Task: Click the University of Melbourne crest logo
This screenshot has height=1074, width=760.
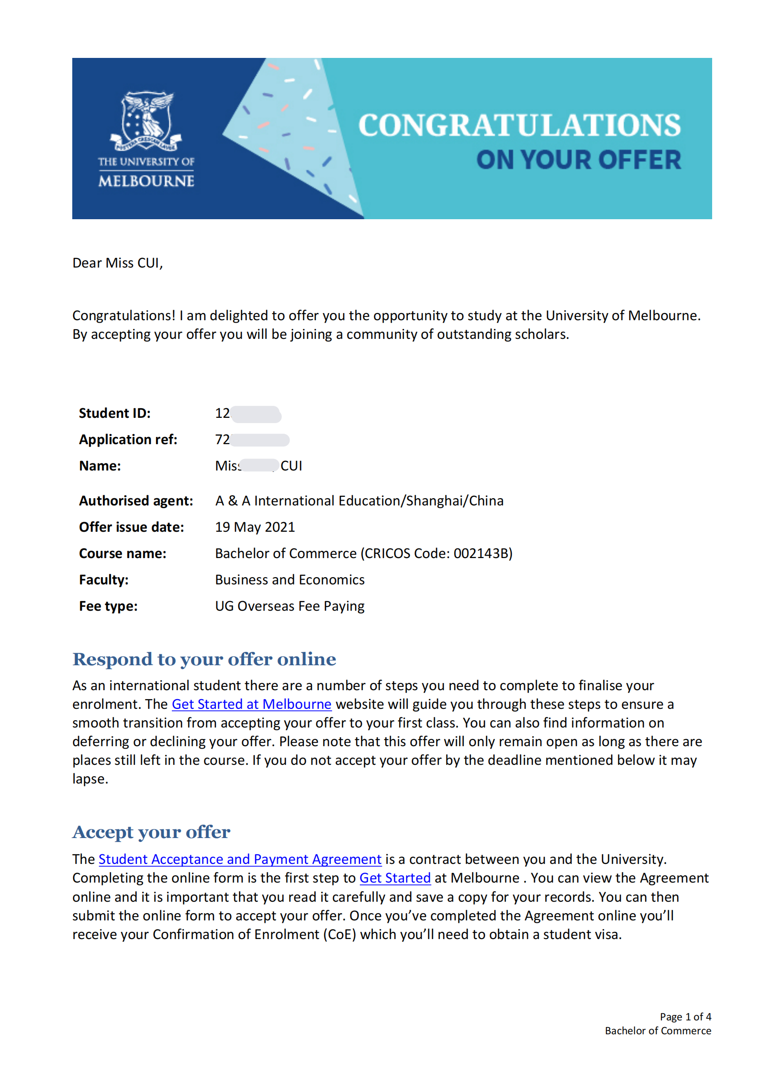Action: tap(146, 121)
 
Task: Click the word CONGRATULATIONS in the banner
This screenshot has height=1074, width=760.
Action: tap(519, 125)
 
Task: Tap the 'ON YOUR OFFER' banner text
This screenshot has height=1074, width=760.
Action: tap(578, 160)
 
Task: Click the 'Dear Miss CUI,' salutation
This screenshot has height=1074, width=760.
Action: tap(118, 263)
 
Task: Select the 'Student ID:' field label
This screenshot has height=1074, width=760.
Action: tap(114, 413)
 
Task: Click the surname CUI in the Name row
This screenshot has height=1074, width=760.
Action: tap(291, 466)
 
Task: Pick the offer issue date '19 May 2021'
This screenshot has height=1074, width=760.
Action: tap(255, 527)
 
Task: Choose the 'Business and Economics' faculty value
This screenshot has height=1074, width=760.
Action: tap(290, 580)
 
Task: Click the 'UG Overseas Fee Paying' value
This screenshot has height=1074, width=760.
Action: tap(290, 606)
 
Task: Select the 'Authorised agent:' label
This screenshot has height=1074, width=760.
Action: tap(136, 501)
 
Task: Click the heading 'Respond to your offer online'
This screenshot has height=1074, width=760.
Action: tap(204, 659)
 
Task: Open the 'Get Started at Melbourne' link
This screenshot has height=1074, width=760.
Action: tap(251, 704)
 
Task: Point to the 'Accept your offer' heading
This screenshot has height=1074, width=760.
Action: tap(151, 832)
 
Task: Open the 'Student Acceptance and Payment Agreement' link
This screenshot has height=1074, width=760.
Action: tap(240, 859)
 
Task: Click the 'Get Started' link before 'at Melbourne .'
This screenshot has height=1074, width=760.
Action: tap(395, 878)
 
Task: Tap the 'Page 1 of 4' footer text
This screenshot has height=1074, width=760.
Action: tap(685, 1017)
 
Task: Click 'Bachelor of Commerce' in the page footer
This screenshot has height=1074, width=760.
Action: tap(658, 1030)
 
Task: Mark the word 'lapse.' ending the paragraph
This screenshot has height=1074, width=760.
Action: tap(90, 779)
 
